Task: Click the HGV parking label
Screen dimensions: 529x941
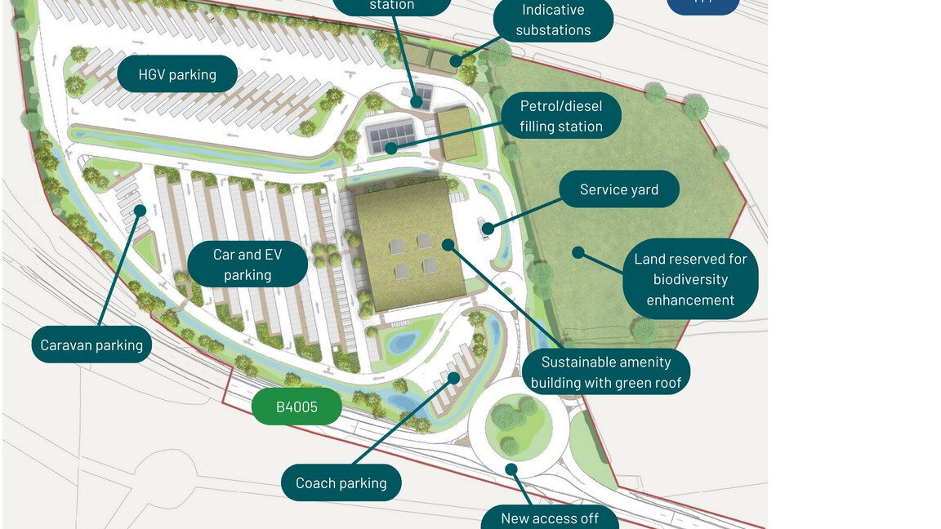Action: tap(177, 74)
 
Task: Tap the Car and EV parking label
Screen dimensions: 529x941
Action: tap(248, 264)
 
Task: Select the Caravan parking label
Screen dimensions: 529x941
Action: tap(91, 345)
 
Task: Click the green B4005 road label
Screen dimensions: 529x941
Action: tap(296, 407)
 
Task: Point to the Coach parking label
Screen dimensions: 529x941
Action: tap(341, 482)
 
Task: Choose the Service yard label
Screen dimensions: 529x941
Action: tap(618, 189)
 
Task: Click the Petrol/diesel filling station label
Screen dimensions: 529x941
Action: tap(560, 116)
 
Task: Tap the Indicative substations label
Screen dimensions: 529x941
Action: tap(553, 20)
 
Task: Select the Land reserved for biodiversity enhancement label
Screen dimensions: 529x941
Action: tap(690, 279)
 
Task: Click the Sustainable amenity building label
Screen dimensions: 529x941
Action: tap(605, 372)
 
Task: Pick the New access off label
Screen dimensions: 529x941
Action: tap(549, 518)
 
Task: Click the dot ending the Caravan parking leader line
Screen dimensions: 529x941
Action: tap(140, 211)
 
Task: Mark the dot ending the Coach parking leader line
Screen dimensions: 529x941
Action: tap(455, 377)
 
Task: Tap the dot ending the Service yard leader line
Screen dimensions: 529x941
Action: tap(488, 229)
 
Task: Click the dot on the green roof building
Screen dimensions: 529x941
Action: tap(448, 244)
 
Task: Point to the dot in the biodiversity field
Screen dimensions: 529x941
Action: tap(578, 252)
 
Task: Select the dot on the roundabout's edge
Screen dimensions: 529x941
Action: tap(511, 469)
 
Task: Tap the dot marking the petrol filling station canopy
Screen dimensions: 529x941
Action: tap(391, 149)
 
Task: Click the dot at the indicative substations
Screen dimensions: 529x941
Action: tap(457, 60)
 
